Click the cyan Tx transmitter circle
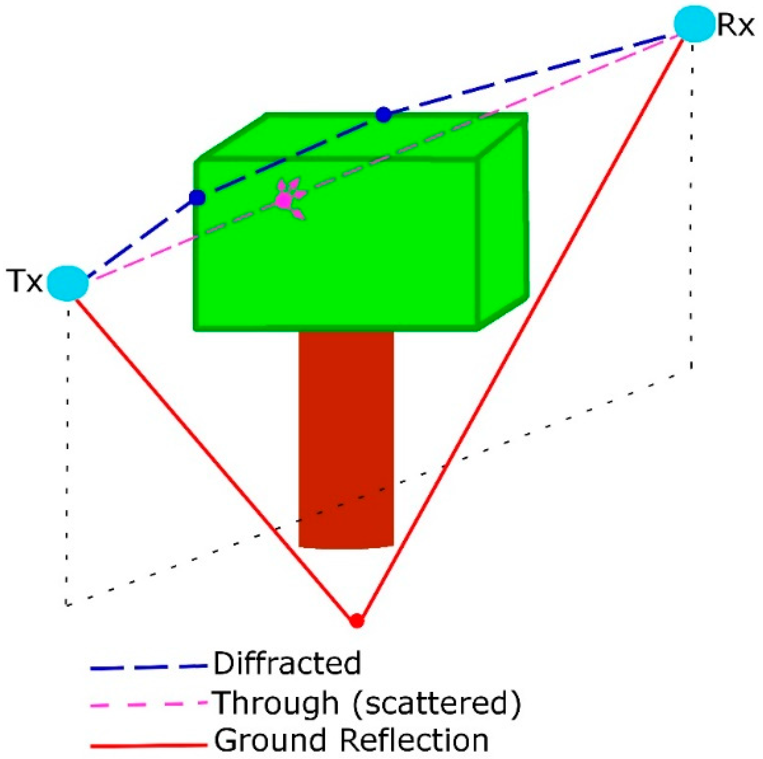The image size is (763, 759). tap(68, 283)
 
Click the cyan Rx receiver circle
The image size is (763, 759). tap(694, 24)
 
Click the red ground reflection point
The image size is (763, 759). tap(357, 621)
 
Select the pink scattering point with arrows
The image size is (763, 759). tap(283, 200)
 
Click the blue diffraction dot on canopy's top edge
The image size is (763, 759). tap(383, 115)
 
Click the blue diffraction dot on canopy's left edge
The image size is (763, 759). tap(197, 197)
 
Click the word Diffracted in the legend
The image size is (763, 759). tap(287, 663)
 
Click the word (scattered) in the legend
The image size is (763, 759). tap(436, 703)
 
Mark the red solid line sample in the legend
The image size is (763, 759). tap(149, 745)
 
